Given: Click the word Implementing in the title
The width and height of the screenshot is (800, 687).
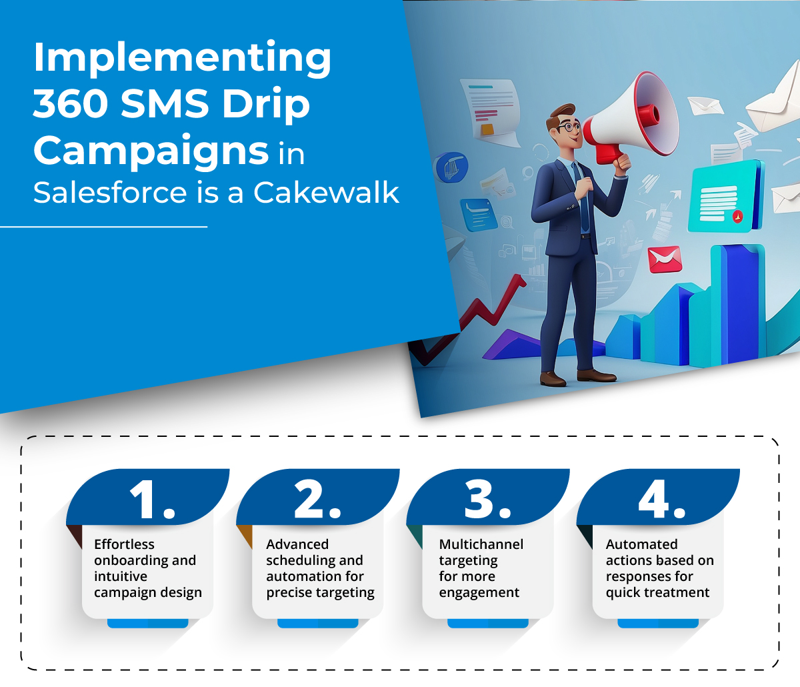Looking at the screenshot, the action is [182, 58].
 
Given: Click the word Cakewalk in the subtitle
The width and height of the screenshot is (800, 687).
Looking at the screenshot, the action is [326, 193].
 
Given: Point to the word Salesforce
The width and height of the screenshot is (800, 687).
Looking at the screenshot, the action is [110, 193].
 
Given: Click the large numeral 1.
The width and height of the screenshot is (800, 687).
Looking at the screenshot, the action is [152, 500].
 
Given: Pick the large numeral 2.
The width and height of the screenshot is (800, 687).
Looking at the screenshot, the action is [318, 500].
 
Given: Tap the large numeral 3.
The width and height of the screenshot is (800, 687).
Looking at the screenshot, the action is [487, 500].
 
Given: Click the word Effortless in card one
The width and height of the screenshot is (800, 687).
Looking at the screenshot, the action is [124, 544].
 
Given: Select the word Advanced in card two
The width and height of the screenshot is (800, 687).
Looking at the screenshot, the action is [297, 544].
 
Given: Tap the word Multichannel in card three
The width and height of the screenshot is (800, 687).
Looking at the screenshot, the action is [481, 544].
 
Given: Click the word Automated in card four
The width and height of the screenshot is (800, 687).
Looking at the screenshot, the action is [642, 544].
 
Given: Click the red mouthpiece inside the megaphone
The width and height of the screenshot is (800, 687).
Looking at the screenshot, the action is [649, 114].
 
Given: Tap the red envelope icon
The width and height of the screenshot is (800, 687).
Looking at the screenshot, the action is [665, 259].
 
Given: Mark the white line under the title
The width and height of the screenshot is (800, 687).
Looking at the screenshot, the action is [104, 227].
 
